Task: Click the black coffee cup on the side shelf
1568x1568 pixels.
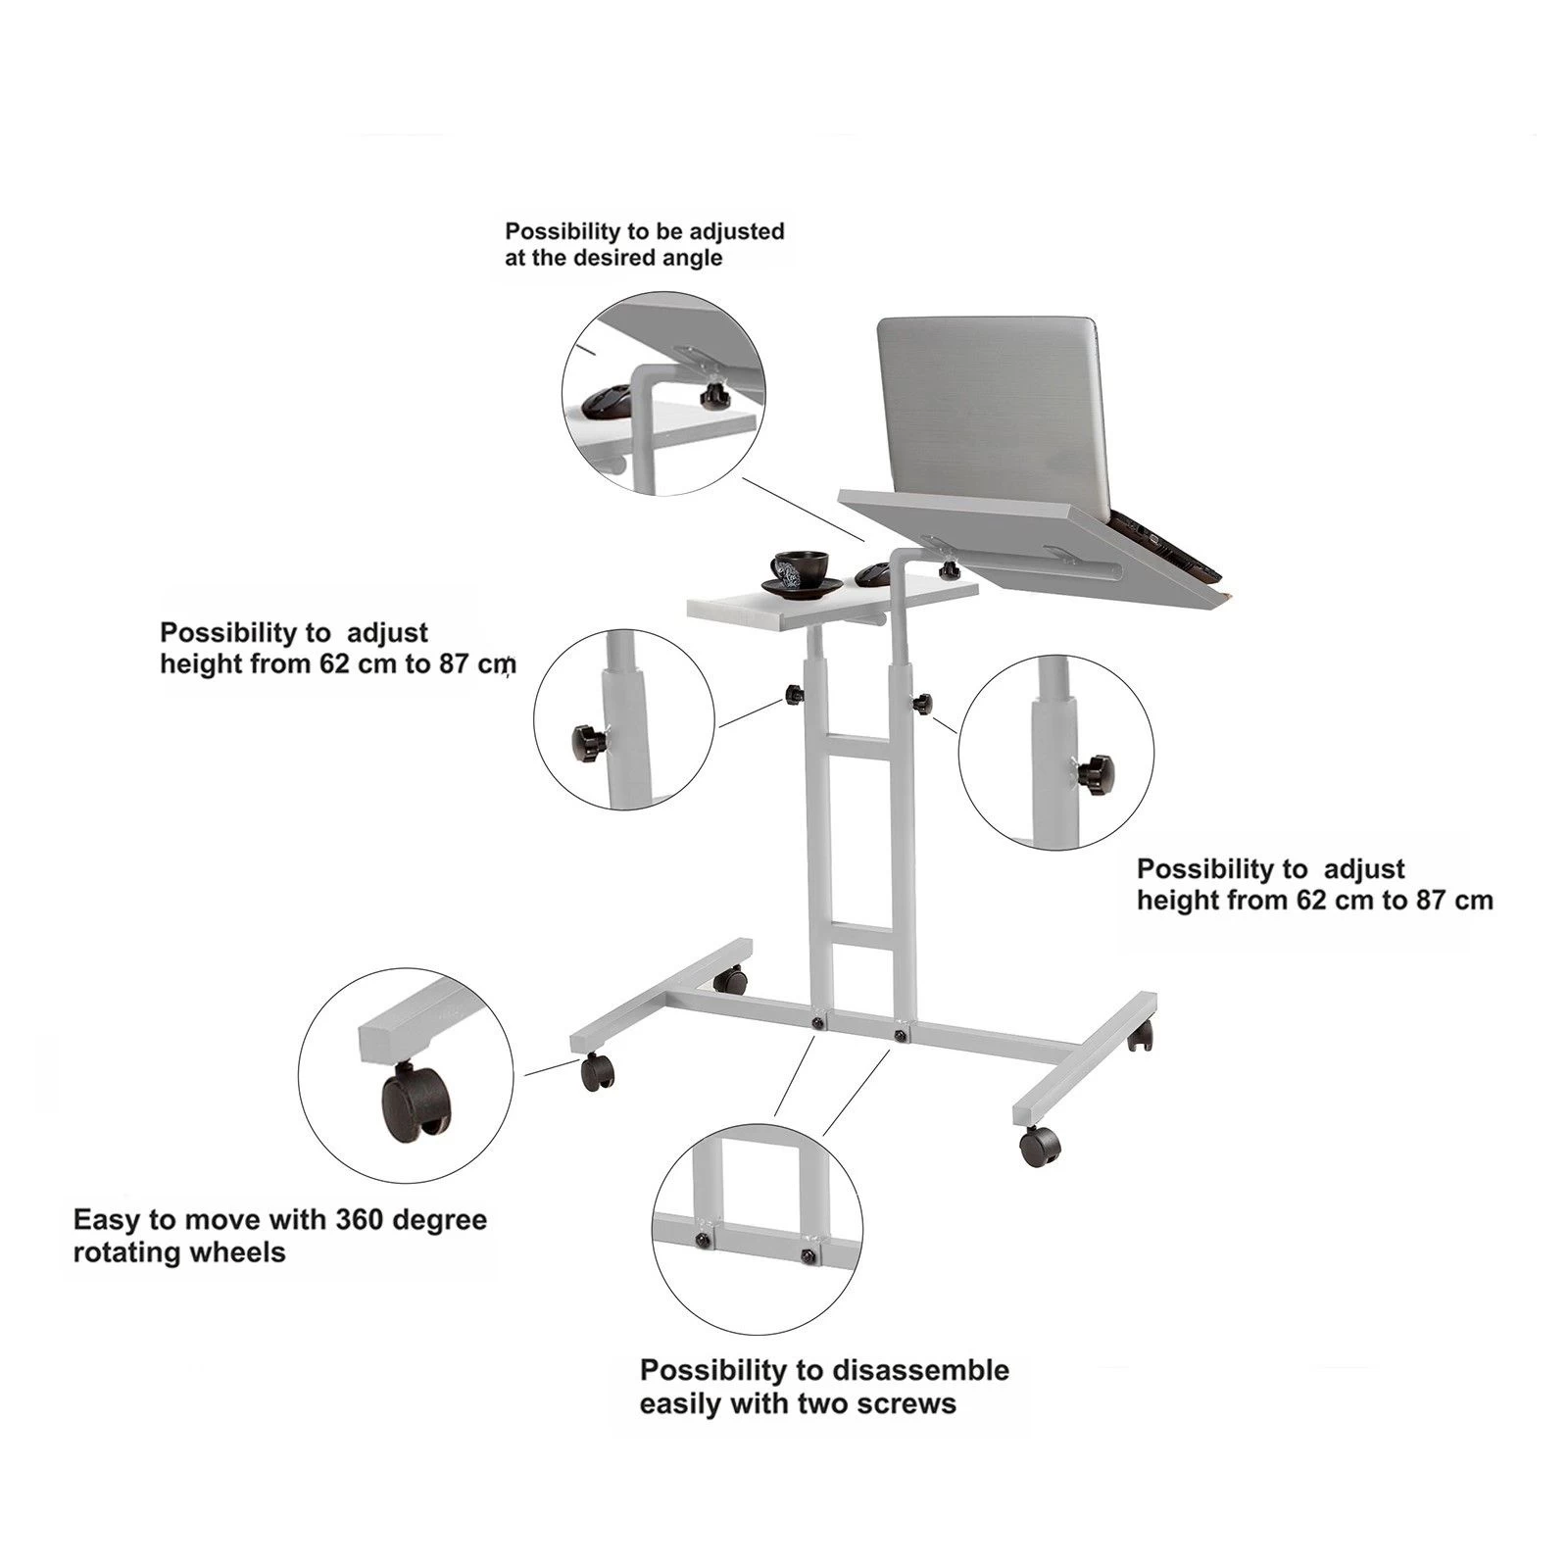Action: pos(798,568)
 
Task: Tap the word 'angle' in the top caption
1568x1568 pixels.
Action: pos(695,258)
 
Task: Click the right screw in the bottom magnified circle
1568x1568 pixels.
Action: pos(807,1256)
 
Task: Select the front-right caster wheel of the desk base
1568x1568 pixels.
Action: pos(1040,1146)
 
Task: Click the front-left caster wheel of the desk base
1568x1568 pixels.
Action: pos(596,1072)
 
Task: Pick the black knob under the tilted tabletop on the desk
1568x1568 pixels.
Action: pos(948,570)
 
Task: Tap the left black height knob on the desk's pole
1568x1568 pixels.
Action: pos(793,696)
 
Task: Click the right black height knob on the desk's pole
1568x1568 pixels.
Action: pos(922,702)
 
